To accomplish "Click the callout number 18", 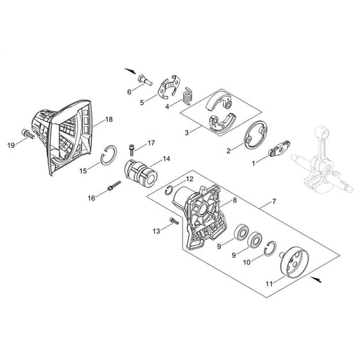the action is [x=109, y=120].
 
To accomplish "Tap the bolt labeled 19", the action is [x=28, y=134].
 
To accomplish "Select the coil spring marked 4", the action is [x=188, y=96].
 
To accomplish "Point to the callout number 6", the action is [x=129, y=92].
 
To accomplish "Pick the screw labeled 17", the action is [x=132, y=148].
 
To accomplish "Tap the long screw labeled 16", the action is [x=114, y=185].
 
